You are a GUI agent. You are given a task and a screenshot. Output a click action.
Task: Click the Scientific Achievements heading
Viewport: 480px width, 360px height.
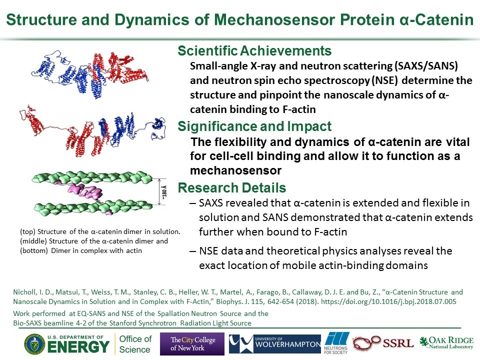pyautogui.click(x=254, y=51)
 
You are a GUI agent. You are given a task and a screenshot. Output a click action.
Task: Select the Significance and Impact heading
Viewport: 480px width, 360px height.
pyautogui.click(x=254, y=126)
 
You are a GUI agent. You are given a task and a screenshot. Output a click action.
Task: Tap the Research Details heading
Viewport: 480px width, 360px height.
pyautogui.click(x=231, y=187)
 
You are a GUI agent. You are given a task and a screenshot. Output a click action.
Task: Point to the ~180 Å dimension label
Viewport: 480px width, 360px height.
pyautogui.click(x=164, y=192)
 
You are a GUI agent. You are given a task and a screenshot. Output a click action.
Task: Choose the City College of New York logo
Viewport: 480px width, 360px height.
pyautogui.click(x=192, y=344)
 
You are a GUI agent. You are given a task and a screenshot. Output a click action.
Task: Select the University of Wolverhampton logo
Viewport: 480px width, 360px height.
pyautogui.click(x=275, y=344)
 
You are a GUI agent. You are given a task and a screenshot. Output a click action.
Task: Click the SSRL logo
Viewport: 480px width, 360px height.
pyautogui.click(x=383, y=343)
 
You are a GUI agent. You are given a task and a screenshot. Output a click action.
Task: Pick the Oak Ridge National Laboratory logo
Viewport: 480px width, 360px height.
pyautogui.click(x=446, y=342)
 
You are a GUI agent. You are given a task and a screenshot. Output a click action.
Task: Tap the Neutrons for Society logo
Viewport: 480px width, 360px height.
pyautogui.click(x=336, y=343)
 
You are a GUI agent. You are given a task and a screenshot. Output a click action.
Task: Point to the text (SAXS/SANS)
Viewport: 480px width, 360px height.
pyautogui.click(x=426, y=66)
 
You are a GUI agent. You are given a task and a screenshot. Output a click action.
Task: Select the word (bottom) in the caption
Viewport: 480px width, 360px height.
pyautogui.click(x=34, y=250)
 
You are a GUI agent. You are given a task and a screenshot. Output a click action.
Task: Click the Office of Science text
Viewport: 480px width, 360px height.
pyautogui.click(x=135, y=344)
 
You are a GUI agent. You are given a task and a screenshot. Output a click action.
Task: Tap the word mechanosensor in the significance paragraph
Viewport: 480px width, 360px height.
pyautogui.click(x=235, y=170)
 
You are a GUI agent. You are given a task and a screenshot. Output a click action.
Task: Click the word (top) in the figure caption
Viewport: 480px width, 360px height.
pyautogui.click(x=27, y=231)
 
